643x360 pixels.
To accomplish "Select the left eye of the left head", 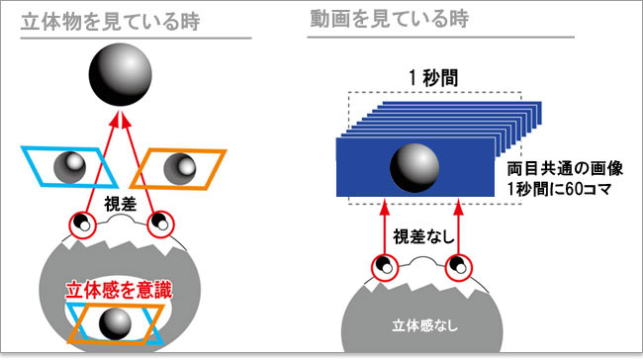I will click(81, 225).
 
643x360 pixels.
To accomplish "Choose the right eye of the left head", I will click(158, 225).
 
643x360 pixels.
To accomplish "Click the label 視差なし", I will click(422, 237).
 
